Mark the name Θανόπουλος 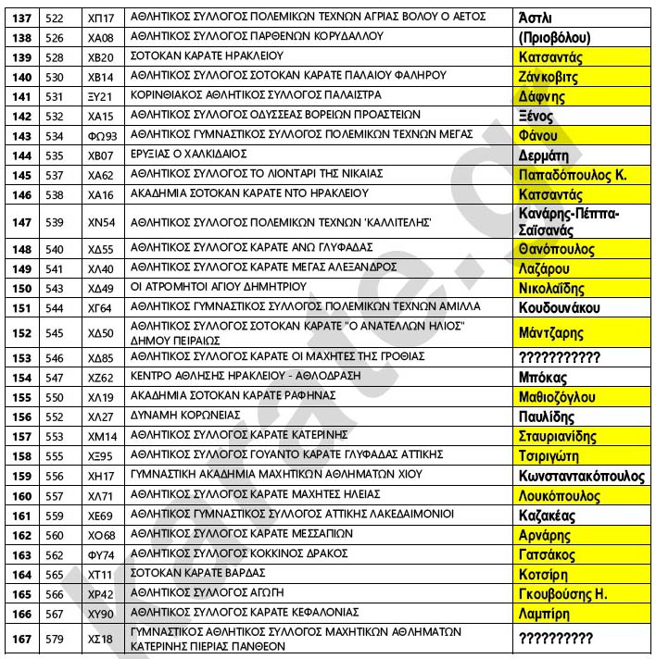[557, 250]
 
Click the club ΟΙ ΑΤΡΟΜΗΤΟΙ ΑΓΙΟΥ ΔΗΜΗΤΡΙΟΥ [219, 288]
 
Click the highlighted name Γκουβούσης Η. [563, 593]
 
